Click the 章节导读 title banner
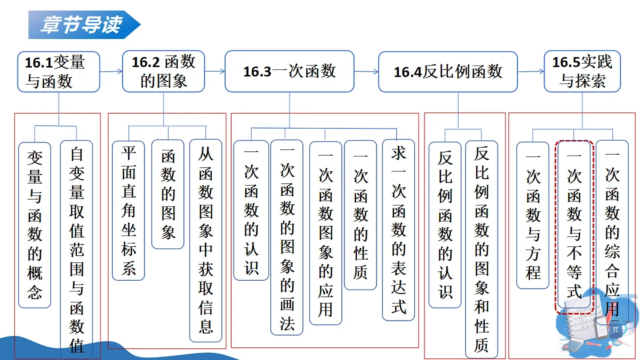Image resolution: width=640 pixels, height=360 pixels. [84, 25]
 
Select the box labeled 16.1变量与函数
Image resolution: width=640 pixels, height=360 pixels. [59, 71]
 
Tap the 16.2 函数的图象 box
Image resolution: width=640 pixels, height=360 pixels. [163, 71]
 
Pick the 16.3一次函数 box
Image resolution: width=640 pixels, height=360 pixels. [290, 71]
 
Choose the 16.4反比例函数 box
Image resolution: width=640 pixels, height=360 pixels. [448, 71]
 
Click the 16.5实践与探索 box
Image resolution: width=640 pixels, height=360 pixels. [582, 71]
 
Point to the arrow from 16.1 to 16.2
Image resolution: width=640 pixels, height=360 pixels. [111, 71]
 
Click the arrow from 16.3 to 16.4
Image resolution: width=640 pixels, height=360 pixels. [366, 71]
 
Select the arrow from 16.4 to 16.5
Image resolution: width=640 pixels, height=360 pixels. [531, 71]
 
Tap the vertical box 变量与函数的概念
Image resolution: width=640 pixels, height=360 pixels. [35, 225]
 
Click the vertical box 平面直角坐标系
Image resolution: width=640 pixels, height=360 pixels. [129, 211]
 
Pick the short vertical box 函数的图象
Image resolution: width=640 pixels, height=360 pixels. [167, 194]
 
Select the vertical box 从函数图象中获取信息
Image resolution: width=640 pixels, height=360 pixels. [206, 241]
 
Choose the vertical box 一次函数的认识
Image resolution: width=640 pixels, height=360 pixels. [251, 210]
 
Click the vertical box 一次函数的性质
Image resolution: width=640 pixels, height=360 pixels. [361, 215]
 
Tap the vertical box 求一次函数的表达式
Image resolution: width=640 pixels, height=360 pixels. [398, 230]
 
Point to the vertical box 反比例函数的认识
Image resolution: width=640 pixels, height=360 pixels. [445, 225]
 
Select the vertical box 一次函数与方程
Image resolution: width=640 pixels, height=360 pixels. [533, 215]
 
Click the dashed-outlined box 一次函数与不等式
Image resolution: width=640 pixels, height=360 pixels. [574, 227]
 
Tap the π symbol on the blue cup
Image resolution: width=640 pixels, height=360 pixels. [615, 330]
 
